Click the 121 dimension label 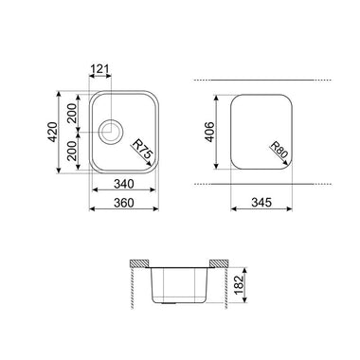click(99, 68)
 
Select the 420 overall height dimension click(53, 132)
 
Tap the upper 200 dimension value click(72, 113)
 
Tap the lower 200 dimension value click(72, 151)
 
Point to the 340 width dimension click(124, 184)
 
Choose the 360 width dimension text click(124, 203)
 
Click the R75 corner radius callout click(142, 150)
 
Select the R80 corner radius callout click(279, 150)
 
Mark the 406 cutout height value click(210, 132)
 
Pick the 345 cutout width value click(261, 203)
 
